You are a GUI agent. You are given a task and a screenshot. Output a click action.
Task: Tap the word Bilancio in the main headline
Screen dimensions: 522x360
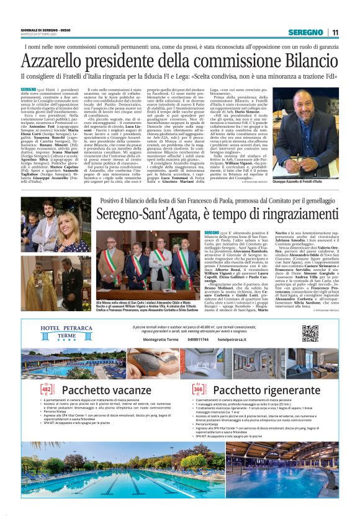click(308, 61)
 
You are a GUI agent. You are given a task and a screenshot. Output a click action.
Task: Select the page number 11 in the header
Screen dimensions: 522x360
click(335, 32)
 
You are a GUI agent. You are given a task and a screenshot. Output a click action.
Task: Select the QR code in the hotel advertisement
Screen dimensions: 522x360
click(310, 333)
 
